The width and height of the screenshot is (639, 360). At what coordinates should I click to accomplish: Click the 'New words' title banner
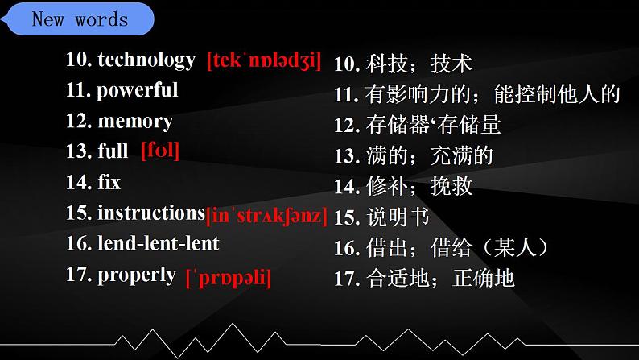tap(79, 19)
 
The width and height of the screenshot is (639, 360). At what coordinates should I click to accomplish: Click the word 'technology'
tap(146, 60)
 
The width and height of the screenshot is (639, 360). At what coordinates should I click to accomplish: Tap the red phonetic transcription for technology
tap(264, 60)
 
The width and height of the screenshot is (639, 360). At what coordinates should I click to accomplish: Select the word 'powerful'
tap(137, 90)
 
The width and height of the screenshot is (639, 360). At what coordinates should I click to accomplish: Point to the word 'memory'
tap(134, 122)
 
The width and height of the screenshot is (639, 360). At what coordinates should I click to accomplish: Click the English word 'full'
tap(113, 151)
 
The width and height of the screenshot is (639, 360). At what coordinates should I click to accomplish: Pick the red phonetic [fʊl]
tap(159, 151)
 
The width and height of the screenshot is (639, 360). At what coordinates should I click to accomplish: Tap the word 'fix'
tap(109, 182)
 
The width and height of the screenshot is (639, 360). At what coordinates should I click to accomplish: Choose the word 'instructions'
tap(150, 213)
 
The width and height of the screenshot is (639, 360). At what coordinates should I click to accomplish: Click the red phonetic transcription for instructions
tap(266, 216)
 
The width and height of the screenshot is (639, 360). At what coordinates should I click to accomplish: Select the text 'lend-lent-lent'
tap(158, 243)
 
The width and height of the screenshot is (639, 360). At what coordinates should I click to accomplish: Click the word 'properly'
tap(136, 275)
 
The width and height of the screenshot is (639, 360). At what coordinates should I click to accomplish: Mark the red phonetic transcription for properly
tap(228, 278)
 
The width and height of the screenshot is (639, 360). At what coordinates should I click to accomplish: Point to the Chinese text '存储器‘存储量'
tap(433, 126)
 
